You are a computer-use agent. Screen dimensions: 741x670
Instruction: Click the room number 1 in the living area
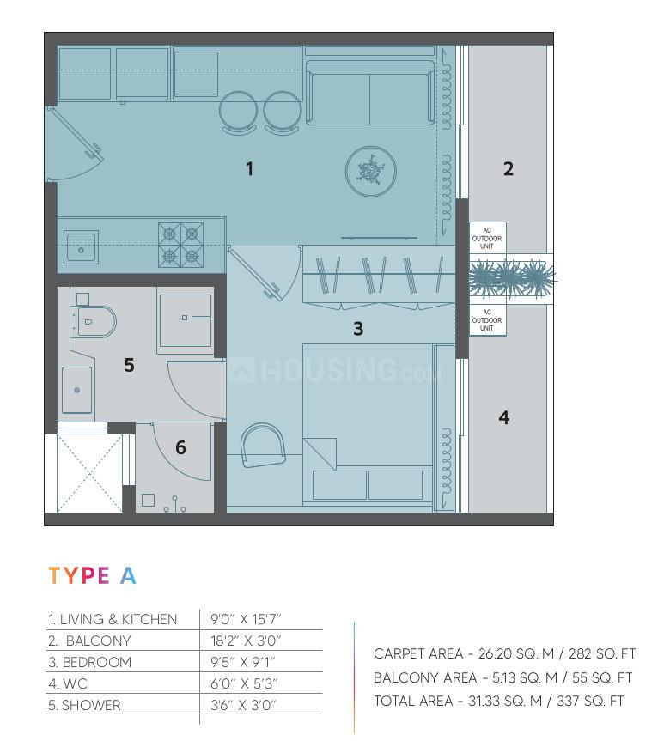250,169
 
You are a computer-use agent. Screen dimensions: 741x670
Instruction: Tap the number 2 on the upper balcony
508,169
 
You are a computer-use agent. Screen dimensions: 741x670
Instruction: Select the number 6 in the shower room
180,447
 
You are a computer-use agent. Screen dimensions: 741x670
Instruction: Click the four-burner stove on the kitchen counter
180,245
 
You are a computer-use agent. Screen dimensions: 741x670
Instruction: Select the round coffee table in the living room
370,172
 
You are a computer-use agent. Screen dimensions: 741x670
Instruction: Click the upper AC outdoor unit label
487,237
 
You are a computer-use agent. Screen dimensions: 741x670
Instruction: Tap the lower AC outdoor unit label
487,321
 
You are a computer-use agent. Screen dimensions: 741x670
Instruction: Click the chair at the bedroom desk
263,446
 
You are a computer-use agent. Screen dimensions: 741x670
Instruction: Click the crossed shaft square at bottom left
89,473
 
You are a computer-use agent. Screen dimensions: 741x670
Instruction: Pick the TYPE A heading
92,575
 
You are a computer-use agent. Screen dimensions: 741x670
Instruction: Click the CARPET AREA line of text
504,654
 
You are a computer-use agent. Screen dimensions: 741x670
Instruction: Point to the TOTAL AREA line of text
498,702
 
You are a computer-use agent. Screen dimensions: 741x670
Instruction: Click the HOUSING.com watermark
335,371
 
